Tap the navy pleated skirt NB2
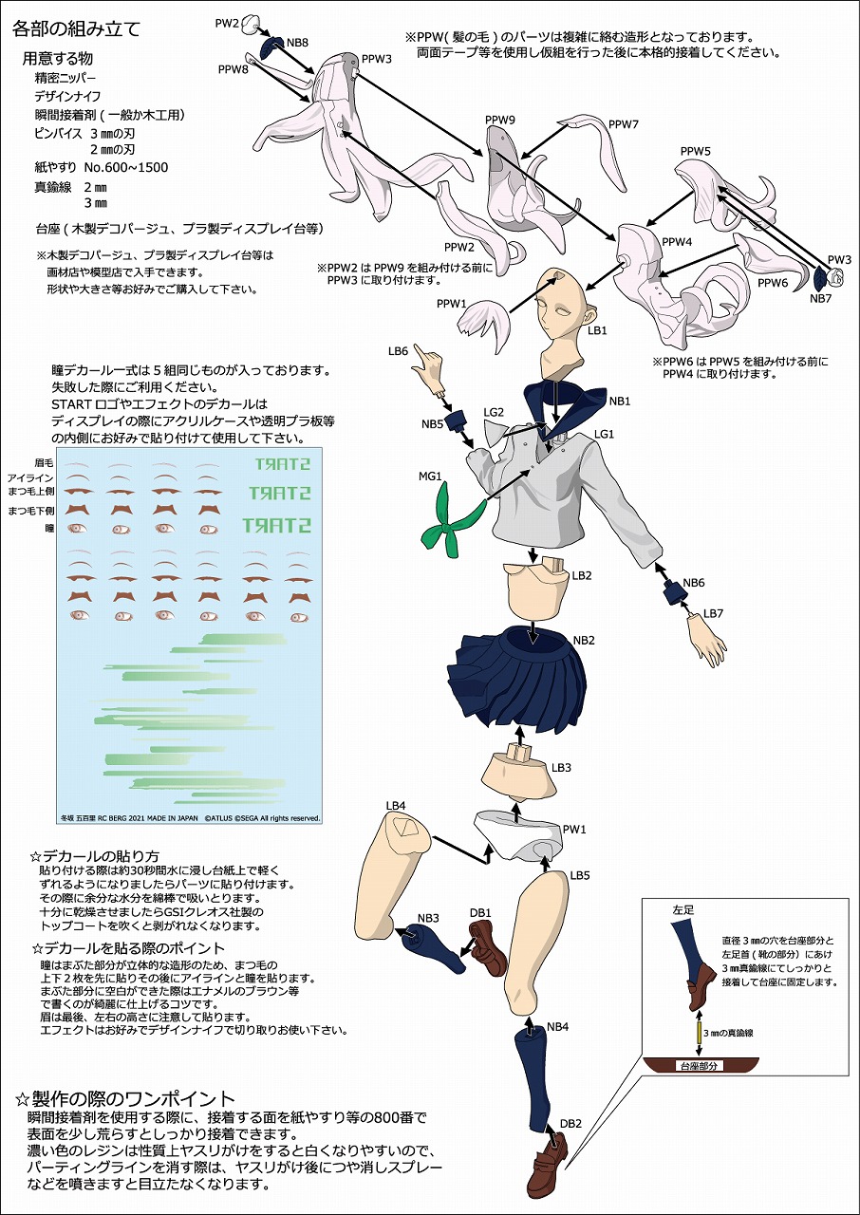[x=516, y=677]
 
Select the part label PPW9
[x=500, y=120]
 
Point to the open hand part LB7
[x=707, y=640]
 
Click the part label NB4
[x=557, y=1026]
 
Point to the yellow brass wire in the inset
[x=700, y=1033]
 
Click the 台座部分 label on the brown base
[x=699, y=1065]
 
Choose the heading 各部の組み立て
[x=77, y=28]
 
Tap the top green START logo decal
[x=283, y=464]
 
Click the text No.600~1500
[x=126, y=167]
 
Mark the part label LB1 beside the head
[x=597, y=330]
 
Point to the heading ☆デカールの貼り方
[x=94, y=856]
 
